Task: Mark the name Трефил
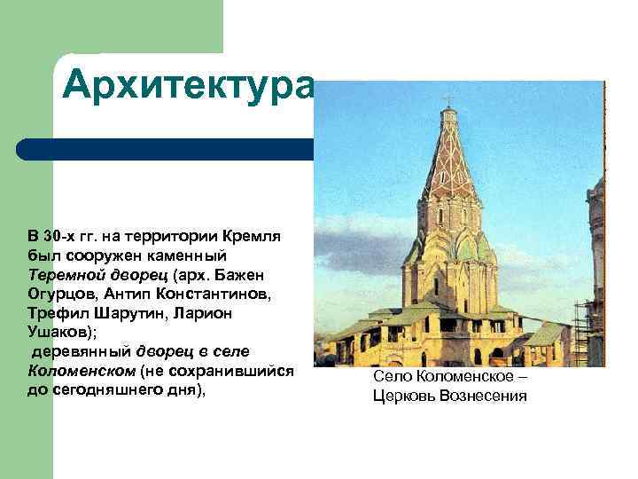[57, 312]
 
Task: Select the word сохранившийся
[239, 370]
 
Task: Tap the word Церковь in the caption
[410, 395]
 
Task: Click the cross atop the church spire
[449, 99]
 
